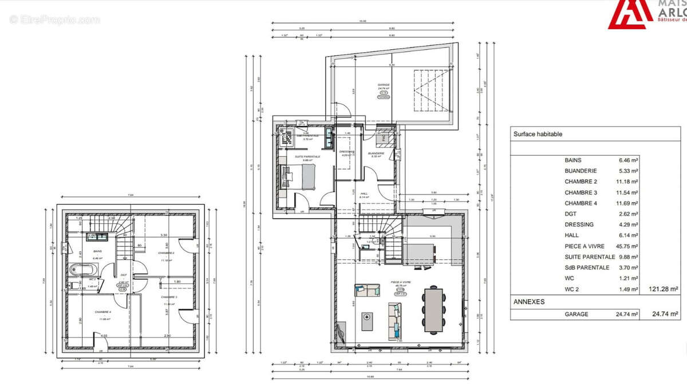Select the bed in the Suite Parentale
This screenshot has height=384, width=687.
(x=300, y=176)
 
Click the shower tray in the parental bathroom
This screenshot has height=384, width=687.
(x=287, y=136)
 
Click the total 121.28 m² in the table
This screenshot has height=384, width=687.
(x=664, y=290)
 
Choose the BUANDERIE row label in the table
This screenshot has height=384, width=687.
(x=581, y=171)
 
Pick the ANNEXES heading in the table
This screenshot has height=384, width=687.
(x=528, y=302)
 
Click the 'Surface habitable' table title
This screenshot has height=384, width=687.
(x=538, y=134)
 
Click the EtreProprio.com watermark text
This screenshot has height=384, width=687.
(x=54, y=19)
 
